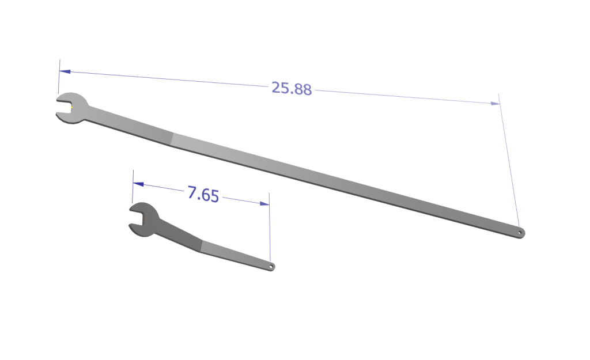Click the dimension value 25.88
[292, 89]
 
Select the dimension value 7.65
[203, 194]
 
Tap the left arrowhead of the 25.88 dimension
[65, 72]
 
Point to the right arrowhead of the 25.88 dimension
[494, 103]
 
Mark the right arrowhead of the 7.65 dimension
[264, 203]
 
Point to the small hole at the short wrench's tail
[272, 267]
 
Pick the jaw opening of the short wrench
[135, 219]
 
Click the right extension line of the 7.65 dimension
[269, 230]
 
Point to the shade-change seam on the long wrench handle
[172, 138]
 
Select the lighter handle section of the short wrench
[236, 256]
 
